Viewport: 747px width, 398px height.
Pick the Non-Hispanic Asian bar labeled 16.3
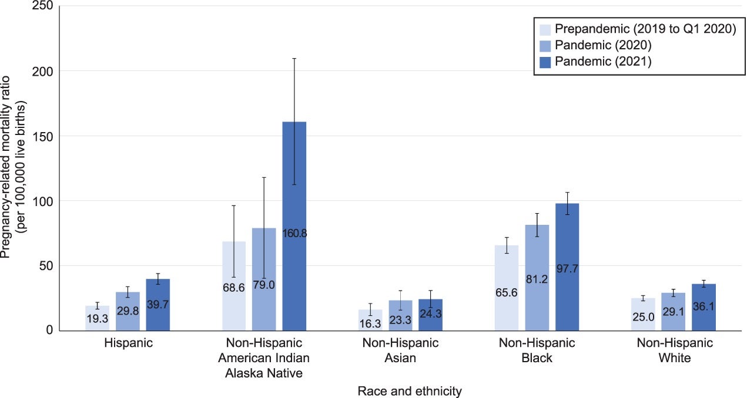(371, 320)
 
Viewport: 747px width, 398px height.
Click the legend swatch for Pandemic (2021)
(545, 62)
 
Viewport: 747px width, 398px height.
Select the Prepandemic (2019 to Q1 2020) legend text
(646, 29)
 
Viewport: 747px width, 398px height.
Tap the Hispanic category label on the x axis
(128, 343)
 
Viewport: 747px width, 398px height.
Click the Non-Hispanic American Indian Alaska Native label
(264, 358)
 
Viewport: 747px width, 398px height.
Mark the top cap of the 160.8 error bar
(294, 59)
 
